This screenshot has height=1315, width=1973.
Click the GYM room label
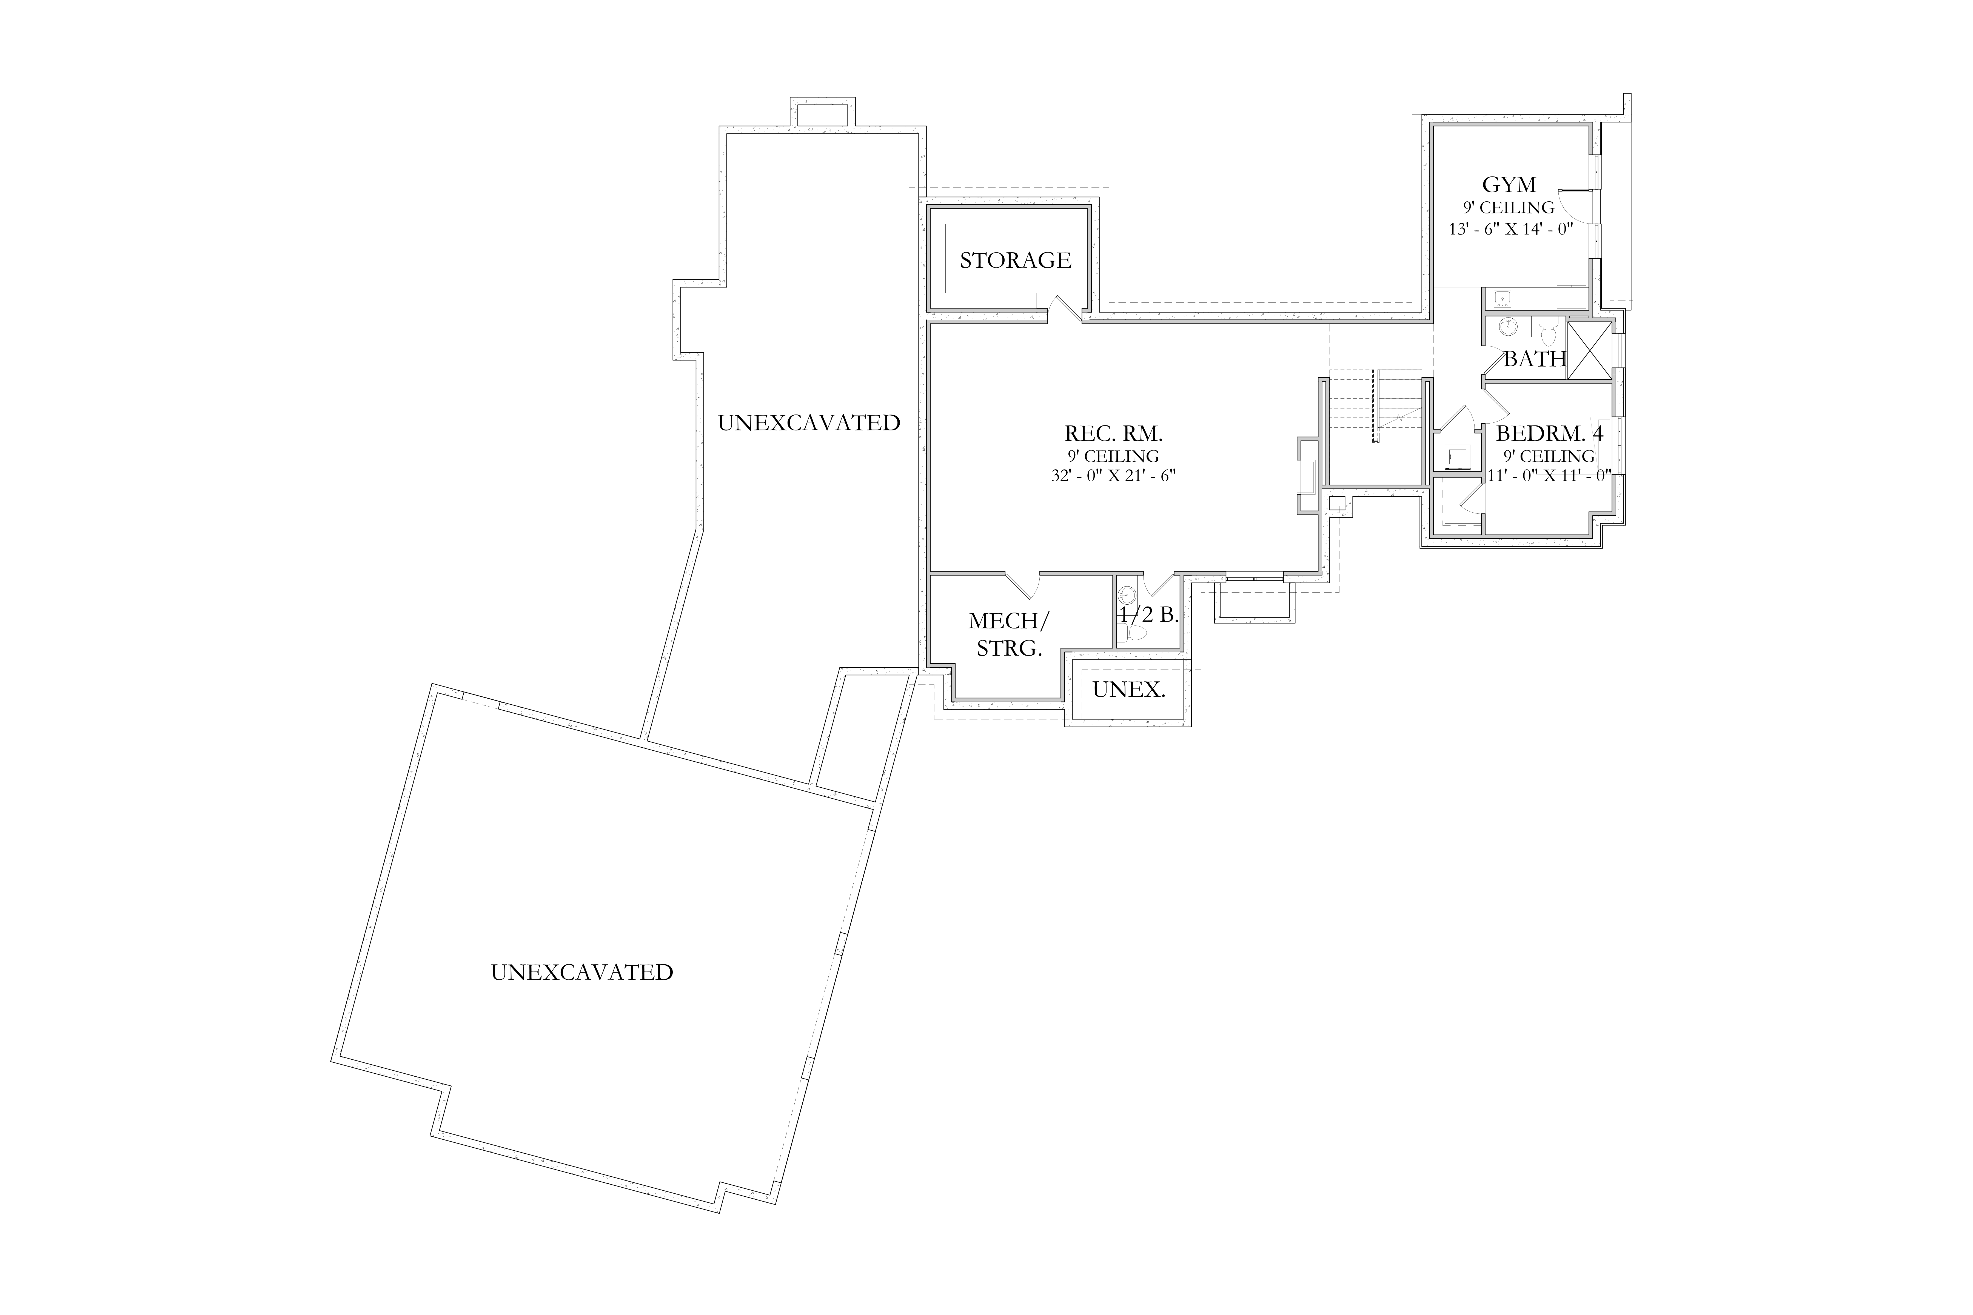click(x=1509, y=184)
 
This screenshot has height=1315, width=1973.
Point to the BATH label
click(x=1534, y=359)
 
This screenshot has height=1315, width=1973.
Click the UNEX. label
click(x=1128, y=690)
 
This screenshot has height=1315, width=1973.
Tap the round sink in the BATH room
click(x=1508, y=327)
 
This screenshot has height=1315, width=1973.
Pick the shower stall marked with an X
click(x=1590, y=351)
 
